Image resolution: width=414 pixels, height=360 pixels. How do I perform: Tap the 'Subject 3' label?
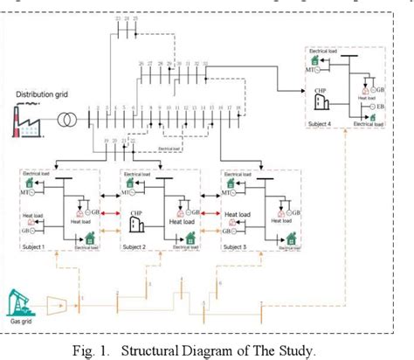point(238,249)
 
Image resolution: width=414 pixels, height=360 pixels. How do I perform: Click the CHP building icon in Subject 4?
point(320,102)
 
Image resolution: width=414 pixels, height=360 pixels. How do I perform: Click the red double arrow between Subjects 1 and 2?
point(107,211)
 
